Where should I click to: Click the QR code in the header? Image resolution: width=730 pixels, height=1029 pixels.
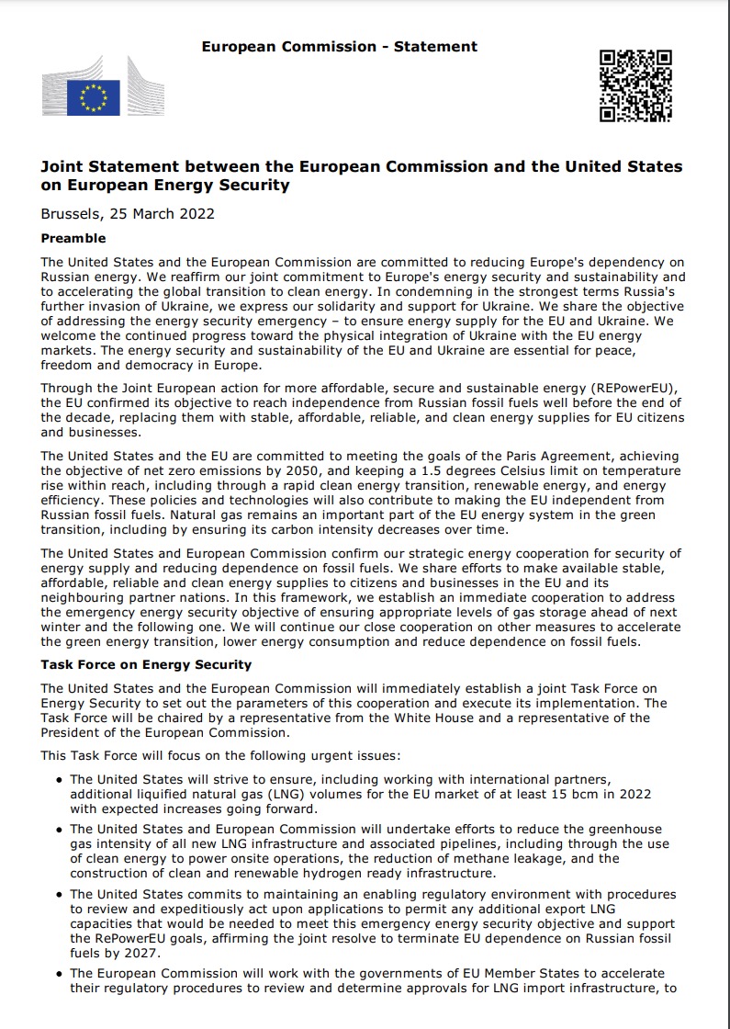click(x=635, y=86)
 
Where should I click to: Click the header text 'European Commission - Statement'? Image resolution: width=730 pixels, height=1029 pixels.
click(x=339, y=46)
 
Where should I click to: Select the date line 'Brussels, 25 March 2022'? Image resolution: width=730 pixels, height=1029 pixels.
click(x=128, y=214)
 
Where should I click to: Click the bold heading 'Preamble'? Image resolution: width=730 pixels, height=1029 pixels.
click(x=73, y=238)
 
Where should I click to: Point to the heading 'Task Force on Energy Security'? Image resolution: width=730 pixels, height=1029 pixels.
click(x=146, y=664)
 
